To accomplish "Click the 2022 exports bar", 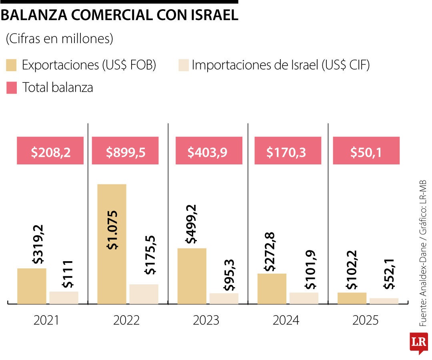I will tap(112, 244).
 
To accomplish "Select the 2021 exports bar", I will tap(32, 286).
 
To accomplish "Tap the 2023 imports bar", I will tap(224, 298).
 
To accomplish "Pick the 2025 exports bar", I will tap(352, 298).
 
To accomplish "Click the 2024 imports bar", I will tap(304, 298).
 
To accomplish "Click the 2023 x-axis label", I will tap(206, 320).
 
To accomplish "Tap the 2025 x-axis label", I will tap(365, 320).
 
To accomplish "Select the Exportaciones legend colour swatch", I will tap(12, 65).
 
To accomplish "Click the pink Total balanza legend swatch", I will tap(12, 88).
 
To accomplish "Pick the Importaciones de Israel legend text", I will tap(280, 65).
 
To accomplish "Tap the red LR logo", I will tap(418, 343).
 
